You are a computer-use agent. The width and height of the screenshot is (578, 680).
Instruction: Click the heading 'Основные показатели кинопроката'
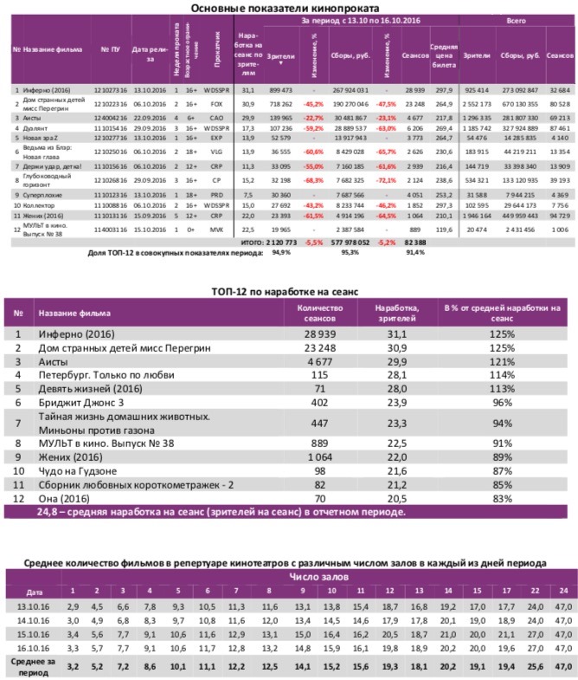click(x=289, y=8)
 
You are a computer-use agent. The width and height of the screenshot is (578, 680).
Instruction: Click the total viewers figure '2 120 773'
click(x=279, y=243)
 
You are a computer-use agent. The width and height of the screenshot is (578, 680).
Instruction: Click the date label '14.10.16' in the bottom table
click(x=32, y=620)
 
